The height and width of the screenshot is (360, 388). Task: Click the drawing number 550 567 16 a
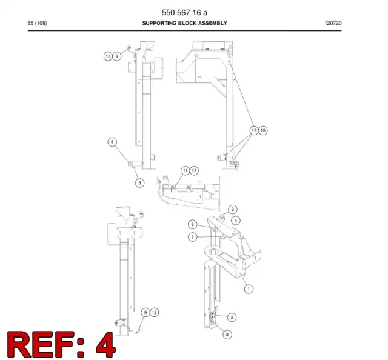pos(184,12)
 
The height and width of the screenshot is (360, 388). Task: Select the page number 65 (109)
pos(38,23)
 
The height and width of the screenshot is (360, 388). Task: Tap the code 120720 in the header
pos(333,23)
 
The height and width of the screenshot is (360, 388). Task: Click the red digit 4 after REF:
pos(105,345)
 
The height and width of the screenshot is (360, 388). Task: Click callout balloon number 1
pos(249,288)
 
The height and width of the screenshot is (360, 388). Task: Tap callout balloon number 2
pos(232,317)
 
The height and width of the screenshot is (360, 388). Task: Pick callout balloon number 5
pos(112,142)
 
